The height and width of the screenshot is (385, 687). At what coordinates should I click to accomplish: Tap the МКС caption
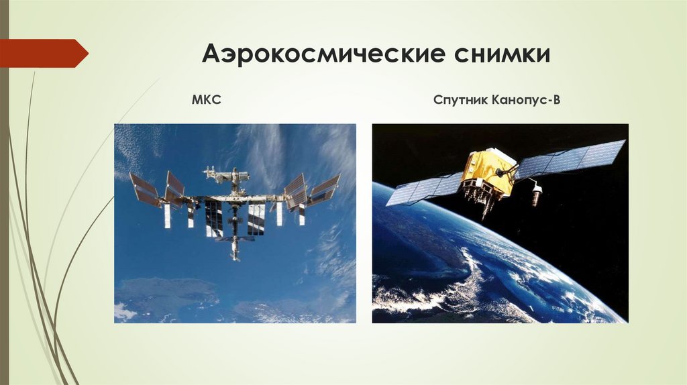coord(208,101)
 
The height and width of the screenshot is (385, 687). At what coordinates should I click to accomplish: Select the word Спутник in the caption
coord(459,101)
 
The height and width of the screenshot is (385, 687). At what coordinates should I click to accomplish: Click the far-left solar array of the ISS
coord(144,190)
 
